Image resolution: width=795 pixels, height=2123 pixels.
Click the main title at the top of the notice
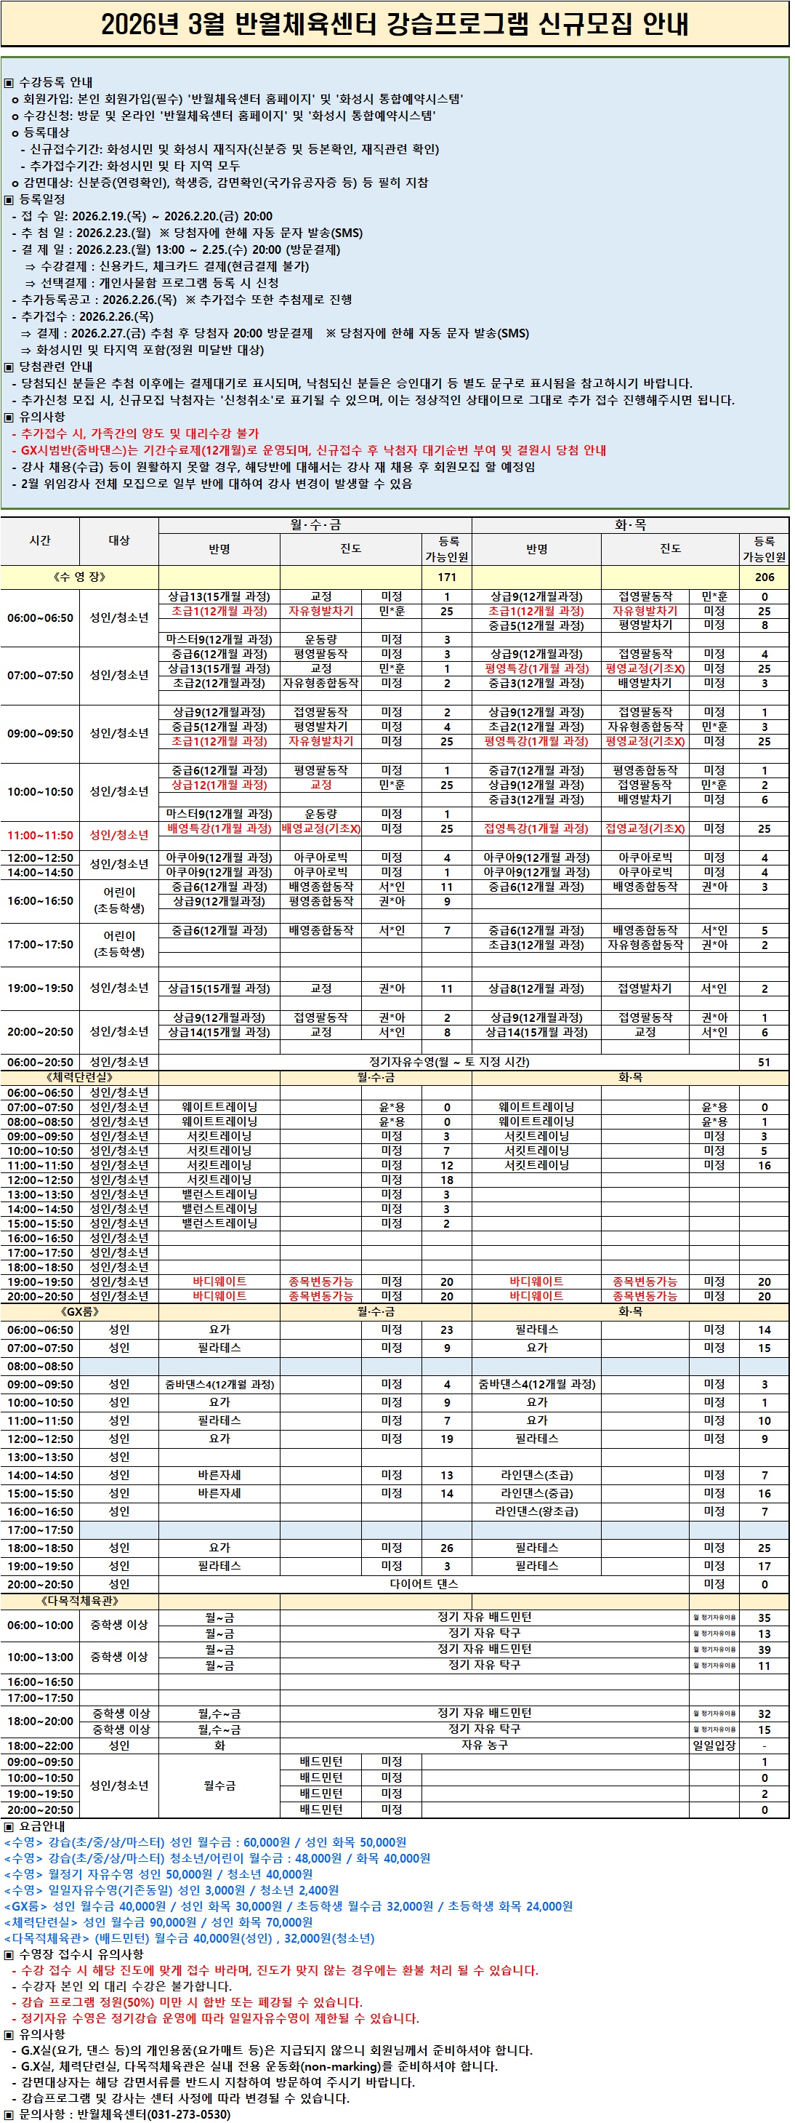coord(395,24)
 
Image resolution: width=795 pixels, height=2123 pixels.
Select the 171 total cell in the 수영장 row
coord(446,577)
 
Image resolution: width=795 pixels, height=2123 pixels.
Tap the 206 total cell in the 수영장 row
coord(764,577)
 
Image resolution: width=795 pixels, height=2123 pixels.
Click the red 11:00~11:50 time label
coord(39,835)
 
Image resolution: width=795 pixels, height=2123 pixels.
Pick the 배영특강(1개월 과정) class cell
coord(218,828)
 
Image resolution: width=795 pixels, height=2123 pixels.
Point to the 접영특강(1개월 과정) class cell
coord(536,828)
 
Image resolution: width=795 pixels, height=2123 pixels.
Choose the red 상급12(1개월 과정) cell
coord(218,785)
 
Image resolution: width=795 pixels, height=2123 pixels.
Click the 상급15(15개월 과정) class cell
coord(218,988)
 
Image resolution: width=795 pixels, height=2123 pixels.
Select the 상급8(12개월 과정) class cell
coord(536,988)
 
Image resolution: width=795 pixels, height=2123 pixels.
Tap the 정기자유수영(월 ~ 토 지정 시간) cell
coord(449,1062)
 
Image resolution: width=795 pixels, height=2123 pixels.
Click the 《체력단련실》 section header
coord(79,1076)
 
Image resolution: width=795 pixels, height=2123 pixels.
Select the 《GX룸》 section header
coord(79,1311)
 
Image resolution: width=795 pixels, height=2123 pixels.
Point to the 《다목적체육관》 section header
coord(79,1601)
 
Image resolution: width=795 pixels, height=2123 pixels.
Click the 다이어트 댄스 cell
coord(424,1583)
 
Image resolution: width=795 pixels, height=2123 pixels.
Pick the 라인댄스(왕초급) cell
coord(536,1511)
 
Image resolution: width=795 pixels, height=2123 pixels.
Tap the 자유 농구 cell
coord(485,1745)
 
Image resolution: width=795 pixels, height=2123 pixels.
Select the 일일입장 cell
coord(714,1745)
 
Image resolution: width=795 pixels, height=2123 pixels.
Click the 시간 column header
coord(39,540)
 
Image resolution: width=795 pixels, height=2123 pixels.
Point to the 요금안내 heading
coord(41,1826)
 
